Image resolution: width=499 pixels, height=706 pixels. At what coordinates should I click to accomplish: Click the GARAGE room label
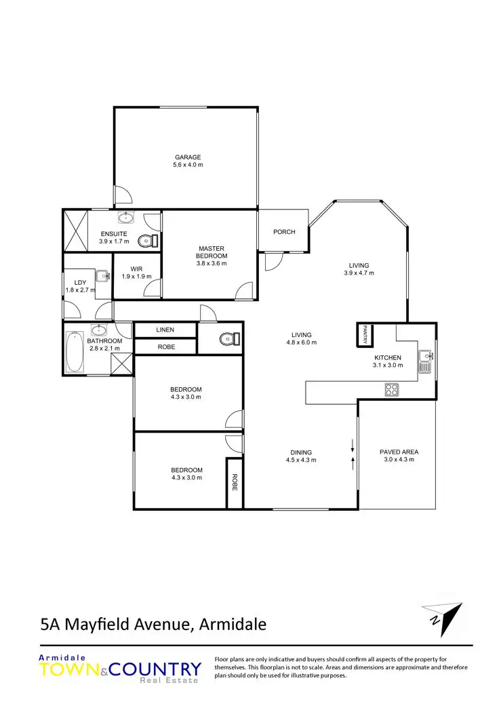point(188,157)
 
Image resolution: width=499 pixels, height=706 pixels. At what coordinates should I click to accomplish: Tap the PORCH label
point(284,232)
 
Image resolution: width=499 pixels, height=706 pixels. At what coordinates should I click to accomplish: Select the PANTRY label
point(365,334)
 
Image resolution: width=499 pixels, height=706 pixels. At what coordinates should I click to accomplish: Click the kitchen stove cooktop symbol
point(392,389)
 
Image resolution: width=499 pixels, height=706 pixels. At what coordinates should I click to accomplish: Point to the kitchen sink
point(425,360)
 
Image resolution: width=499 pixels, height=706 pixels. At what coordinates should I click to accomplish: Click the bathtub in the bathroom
point(75,352)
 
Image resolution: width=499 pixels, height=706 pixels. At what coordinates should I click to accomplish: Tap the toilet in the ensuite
point(147,241)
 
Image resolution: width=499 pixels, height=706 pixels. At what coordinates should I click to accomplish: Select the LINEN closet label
point(165,330)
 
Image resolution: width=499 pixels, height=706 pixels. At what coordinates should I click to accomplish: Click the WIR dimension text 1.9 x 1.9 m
point(136,276)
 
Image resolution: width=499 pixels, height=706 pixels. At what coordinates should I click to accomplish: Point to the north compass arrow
point(442,614)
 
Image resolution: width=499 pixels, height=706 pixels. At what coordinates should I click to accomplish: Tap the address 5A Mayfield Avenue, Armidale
point(153,625)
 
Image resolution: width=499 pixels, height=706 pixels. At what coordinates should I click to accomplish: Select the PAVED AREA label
point(399,452)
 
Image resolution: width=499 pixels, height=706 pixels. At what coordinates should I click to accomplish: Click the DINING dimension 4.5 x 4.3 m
point(301,460)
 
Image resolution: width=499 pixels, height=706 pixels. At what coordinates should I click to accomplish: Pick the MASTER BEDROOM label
point(212,252)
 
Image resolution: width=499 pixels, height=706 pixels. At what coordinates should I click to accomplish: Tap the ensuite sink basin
point(126,218)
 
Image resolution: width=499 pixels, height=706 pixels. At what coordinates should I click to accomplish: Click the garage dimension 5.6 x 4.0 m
point(188,165)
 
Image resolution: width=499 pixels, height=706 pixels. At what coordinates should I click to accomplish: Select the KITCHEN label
point(388,357)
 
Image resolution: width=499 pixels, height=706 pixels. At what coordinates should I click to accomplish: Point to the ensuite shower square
point(75,231)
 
